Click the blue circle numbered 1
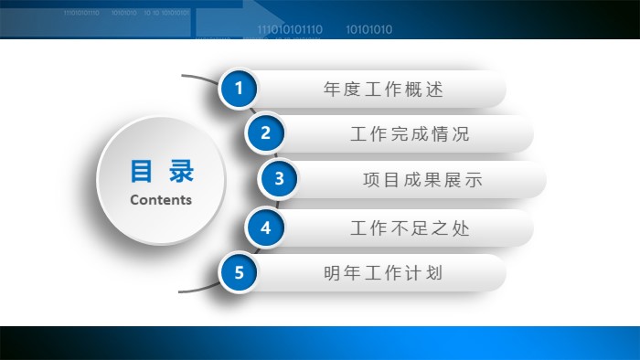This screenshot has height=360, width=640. click(240, 89)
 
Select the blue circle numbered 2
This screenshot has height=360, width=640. click(265, 133)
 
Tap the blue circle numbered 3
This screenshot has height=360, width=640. click(279, 178)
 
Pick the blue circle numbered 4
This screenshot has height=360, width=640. click(265, 228)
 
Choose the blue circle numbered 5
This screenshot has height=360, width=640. click(239, 272)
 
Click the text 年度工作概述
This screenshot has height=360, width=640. click(383, 90)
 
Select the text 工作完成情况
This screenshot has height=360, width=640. click(410, 134)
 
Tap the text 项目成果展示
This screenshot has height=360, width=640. click(422, 180)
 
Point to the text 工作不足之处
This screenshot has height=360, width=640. click(410, 228)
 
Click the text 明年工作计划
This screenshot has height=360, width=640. click(383, 273)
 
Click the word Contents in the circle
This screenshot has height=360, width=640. click(161, 199)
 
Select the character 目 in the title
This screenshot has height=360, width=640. click(141, 172)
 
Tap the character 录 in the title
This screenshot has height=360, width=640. click(182, 172)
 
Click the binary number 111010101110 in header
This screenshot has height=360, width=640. click(290, 29)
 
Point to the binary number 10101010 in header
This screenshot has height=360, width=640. click(369, 29)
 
